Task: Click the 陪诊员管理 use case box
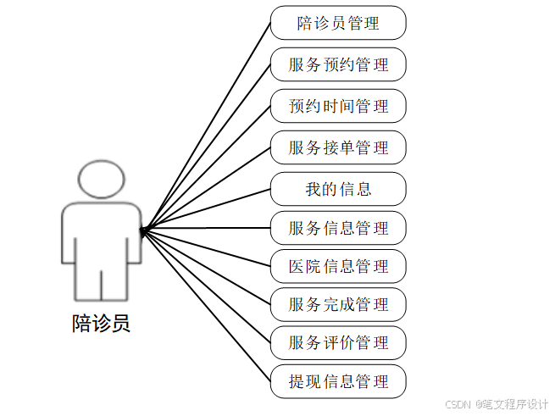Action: tap(338, 23)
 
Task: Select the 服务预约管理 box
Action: tap(338, 64)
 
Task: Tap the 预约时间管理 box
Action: tap(338, 106)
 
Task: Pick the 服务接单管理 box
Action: tap(338, 147)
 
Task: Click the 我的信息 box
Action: tap(338, 188)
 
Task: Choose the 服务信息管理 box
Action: tap(338, 228)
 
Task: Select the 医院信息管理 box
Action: tap(338, 266)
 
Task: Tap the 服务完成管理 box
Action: tap(338, 304)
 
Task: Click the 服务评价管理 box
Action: tap(338, 342)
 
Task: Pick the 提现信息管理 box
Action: tap(338, 381)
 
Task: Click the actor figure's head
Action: tap(101, 180)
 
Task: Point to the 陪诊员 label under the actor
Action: tap(101, 323)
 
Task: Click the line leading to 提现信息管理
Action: tap(208, 306)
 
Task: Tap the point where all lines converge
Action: tap(143, 229)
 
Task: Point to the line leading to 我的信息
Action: tap(208, 208)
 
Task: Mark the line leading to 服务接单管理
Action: tap(208, 187)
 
